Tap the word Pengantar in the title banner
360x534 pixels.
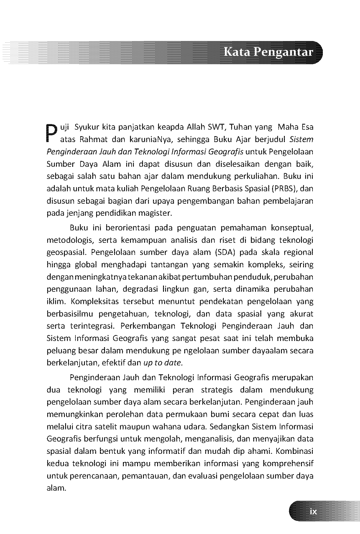pos(283,52)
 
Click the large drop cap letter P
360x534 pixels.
pos(51,133)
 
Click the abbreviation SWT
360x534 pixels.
pos(217,127)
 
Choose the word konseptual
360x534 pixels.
pos(292,228)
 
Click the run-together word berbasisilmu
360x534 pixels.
pos(70,314)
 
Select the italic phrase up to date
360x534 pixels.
pos(163,363)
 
